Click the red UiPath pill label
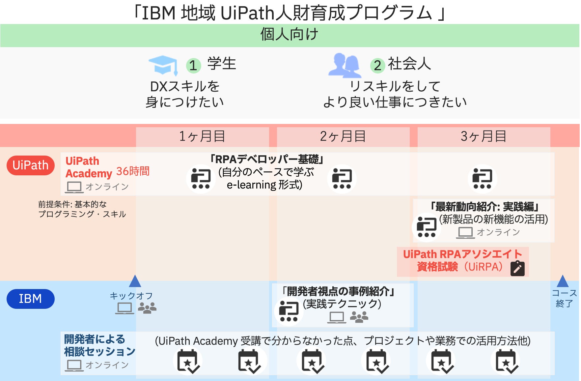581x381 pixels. click(30, 165)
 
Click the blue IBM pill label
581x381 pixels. click(30, 299)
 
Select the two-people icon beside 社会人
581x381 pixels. click(345, 66)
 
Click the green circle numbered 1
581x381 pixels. click(193, 65)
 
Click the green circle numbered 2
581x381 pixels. click(377, 65)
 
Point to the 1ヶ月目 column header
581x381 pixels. click(202, 136)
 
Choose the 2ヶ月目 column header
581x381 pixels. click(343, 136)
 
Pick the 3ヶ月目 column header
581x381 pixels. click(484, 136)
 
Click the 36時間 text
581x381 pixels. click(133, 171)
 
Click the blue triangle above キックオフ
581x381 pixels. click(135, 281)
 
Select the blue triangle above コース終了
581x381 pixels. click(563, 281)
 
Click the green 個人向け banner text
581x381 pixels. click(289, 35)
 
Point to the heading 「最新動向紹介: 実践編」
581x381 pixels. click(484, 207)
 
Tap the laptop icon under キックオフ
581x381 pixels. click(124, 308)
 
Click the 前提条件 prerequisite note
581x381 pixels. click(82, 209)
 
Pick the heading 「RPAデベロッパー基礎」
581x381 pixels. click(267, 160)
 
